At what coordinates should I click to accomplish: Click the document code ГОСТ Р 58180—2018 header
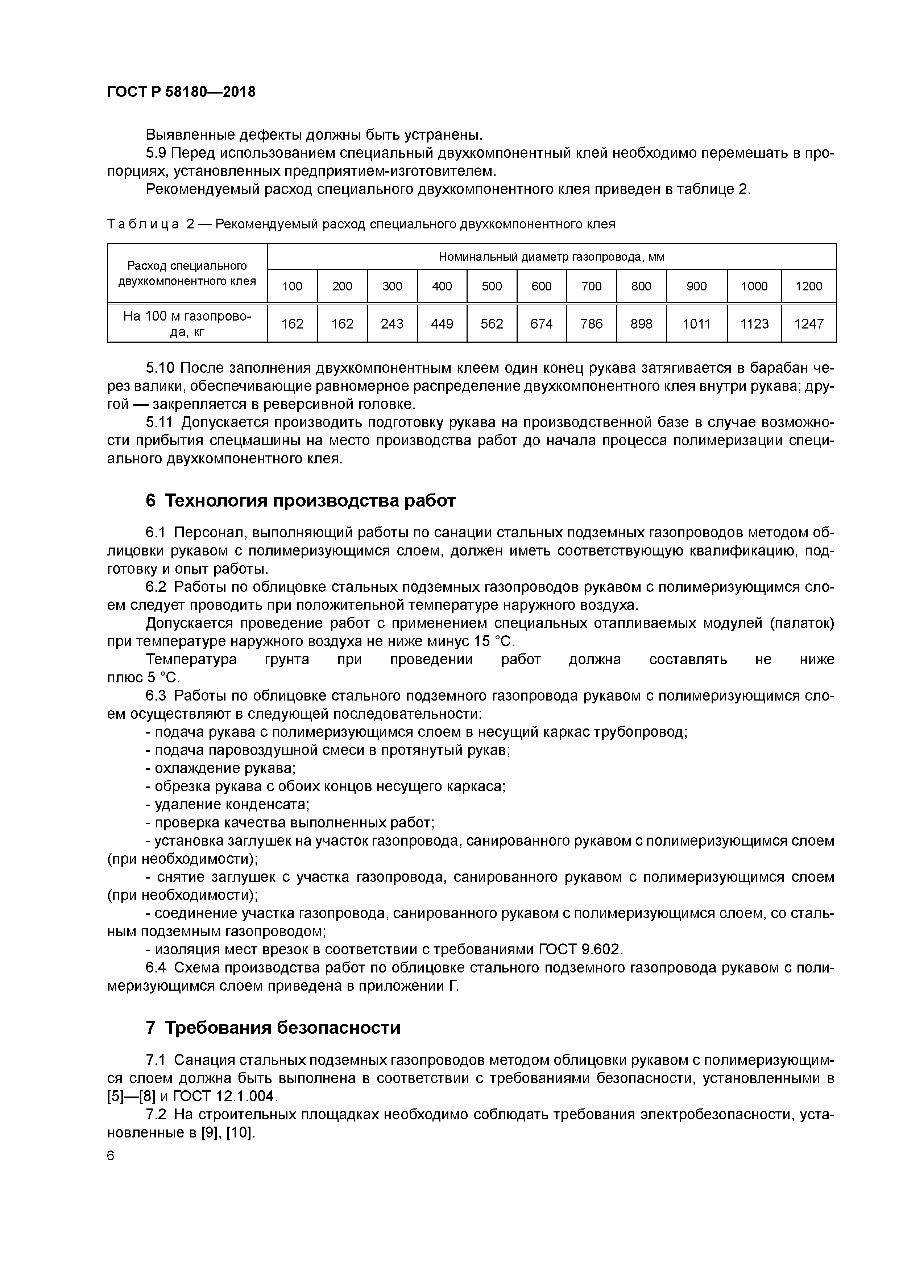point(181,92)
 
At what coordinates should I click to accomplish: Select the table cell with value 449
point(442,323)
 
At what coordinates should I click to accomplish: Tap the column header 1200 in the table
point(809,286)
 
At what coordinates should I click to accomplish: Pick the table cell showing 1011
point(696,323)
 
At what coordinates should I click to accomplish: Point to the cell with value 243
point(392,323)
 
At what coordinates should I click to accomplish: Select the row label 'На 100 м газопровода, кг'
point(187,323)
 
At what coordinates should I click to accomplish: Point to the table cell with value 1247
point(809,323)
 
